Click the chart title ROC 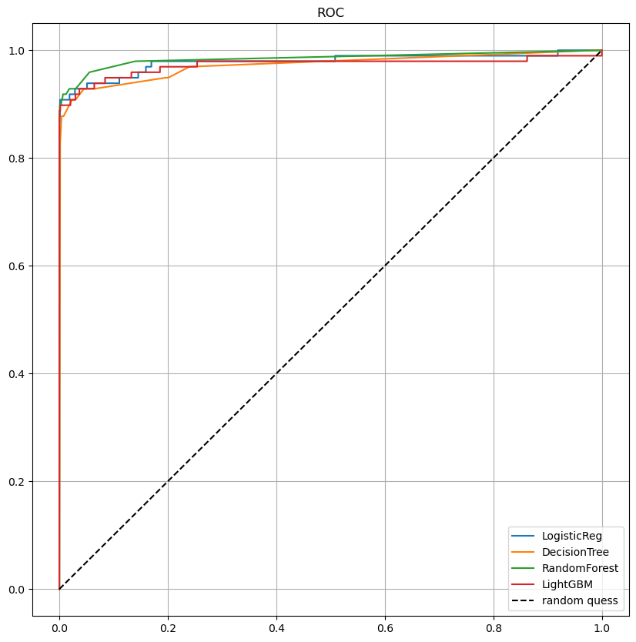330,12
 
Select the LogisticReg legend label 571,536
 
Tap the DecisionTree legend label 575,552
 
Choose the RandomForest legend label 580,568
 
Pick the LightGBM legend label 567,584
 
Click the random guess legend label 580,600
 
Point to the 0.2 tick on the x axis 168,628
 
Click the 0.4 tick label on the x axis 276,628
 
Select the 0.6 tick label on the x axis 385,628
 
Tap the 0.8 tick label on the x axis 494,628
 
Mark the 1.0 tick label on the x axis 602,628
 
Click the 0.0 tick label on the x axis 59,628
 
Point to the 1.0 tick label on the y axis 16,51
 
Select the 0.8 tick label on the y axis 16,159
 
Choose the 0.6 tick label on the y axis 16,266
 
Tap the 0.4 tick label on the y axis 16,374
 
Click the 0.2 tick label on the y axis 16,482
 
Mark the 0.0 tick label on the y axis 16,590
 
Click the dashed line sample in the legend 523,600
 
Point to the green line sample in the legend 523,568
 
